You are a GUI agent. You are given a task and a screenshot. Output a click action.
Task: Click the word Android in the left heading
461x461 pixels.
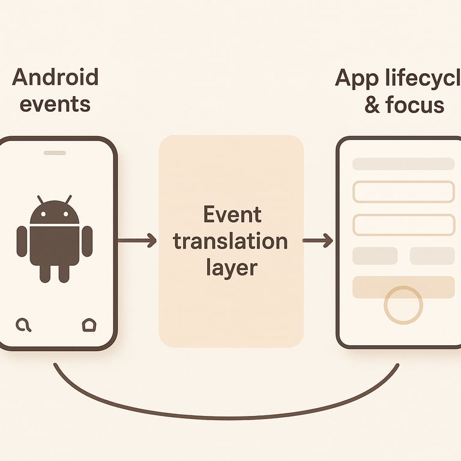[55, 78]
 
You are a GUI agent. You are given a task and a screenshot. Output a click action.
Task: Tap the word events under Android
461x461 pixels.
[55, 104]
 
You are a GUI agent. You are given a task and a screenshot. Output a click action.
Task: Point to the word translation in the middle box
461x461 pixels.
[230, 241]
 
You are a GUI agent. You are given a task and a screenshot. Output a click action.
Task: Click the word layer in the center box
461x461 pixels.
[231, 268]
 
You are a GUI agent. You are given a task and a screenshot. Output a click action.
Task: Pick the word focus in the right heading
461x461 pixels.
[415, 105]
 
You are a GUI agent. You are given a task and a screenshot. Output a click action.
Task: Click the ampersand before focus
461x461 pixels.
[372, 106]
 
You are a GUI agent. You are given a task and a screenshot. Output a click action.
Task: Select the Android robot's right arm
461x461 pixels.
[87, 241]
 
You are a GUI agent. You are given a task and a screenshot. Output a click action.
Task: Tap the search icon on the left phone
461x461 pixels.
[23, 325]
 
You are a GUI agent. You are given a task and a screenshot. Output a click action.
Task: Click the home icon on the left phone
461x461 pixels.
[88, 325]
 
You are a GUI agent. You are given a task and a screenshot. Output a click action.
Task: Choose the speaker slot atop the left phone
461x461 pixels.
[55, 152]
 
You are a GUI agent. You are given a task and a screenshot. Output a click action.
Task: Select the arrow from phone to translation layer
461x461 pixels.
[136, 241]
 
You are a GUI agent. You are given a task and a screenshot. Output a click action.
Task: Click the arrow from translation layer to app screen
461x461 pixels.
[318, 241]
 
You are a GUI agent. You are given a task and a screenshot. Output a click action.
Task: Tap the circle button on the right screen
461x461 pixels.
[403, 305]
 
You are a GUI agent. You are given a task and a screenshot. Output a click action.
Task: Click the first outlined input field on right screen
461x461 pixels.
[403, 191]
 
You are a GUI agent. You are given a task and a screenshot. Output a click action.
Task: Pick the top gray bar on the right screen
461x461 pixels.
[403, 164]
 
